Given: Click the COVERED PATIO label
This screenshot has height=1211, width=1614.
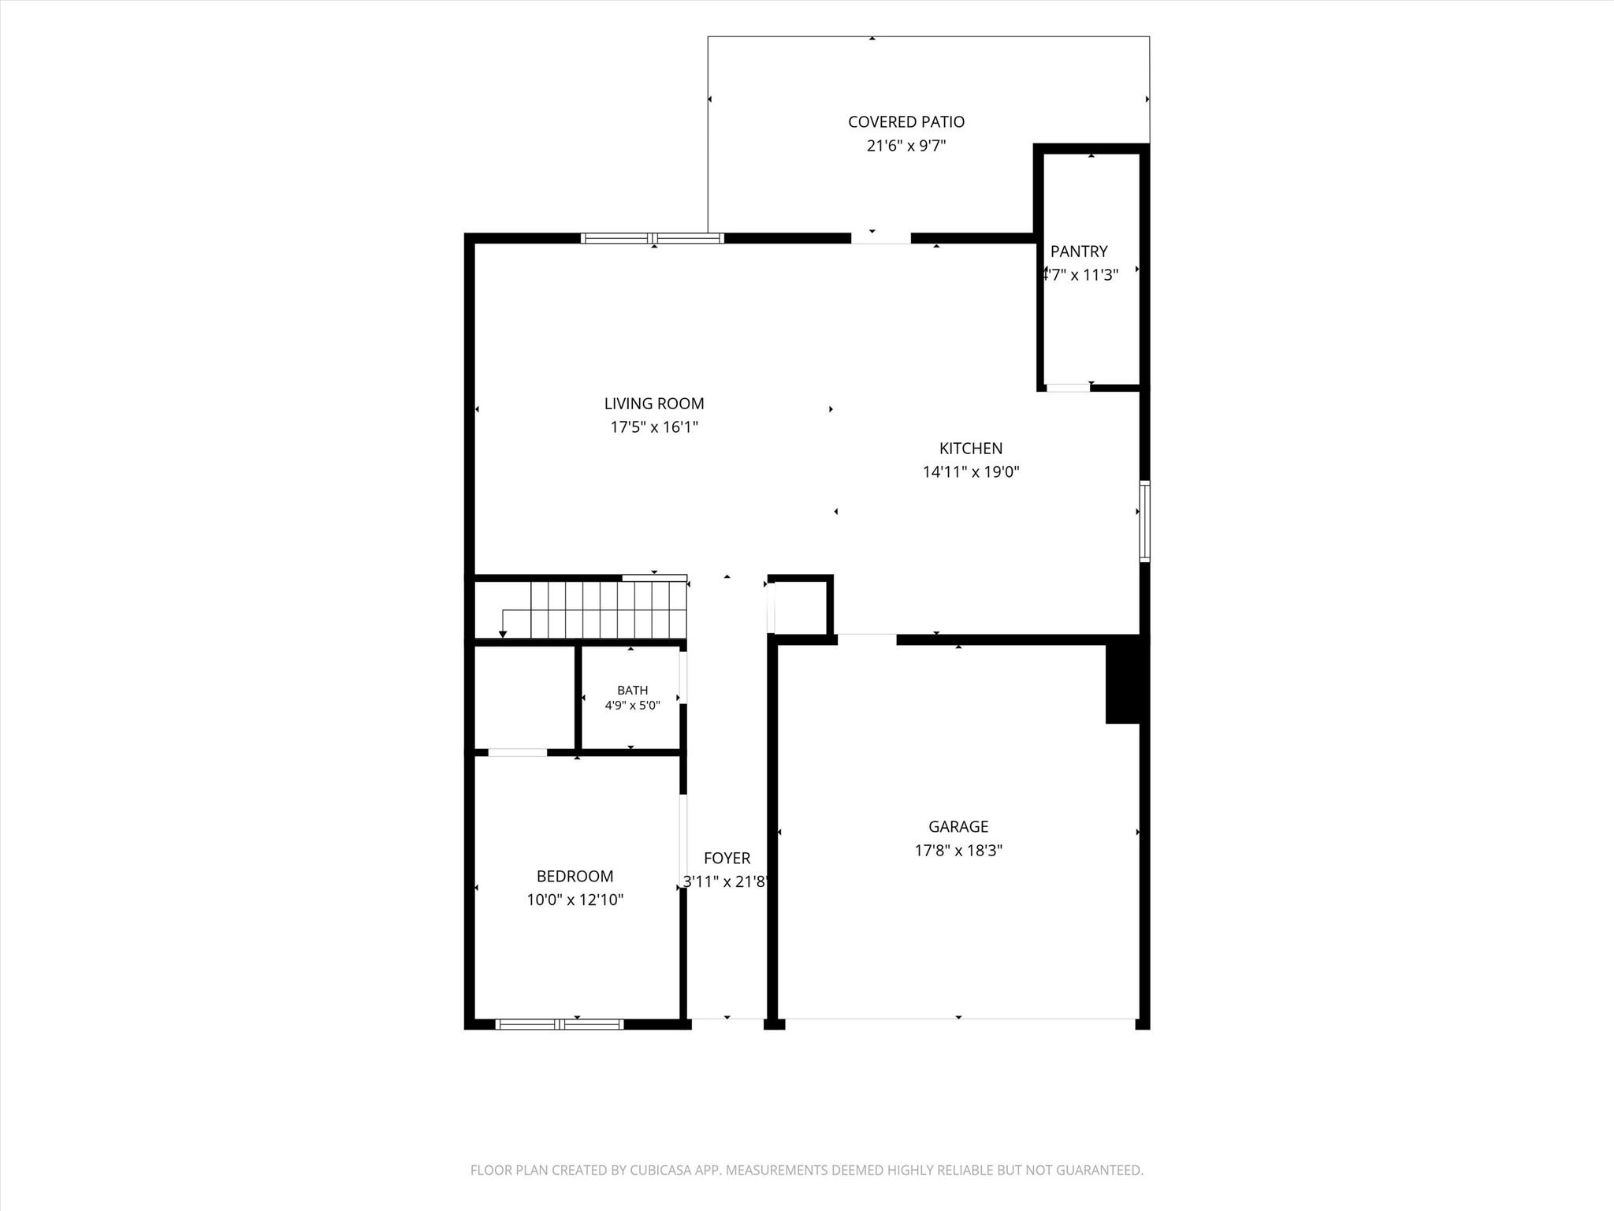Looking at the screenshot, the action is pos(906,122).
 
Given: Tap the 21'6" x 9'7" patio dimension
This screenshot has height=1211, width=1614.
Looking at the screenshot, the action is pos(906,146).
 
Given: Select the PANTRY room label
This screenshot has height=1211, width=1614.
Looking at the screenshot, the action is pos(1079,252).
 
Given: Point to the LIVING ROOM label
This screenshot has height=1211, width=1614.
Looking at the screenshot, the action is pos(654,404).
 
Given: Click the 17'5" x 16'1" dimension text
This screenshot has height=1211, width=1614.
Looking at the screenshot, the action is pos(654,427).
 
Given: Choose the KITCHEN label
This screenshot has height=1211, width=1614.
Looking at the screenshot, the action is pos(971,449).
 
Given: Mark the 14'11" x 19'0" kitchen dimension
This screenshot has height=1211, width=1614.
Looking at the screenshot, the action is pos(971,472).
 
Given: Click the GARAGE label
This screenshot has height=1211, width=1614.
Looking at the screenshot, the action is pos(958,827).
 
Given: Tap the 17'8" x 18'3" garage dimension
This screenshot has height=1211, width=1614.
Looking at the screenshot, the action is pos(958,851).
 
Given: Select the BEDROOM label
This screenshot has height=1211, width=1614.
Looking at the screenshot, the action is pos(575,877).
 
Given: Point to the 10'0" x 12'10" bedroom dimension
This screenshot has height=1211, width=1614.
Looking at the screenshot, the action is pos(575,900).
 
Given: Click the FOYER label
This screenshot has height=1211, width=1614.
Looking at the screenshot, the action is pos(727,859).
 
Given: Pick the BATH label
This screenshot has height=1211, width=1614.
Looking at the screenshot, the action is pos(633,691).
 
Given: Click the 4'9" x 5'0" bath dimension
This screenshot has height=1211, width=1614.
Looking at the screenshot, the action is pos(633,706).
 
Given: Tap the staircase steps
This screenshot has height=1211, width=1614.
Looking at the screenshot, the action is pos(608,609).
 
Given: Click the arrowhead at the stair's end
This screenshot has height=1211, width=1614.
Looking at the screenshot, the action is pos(503,635).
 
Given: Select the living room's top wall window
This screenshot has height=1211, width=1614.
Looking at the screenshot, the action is pos(653,238).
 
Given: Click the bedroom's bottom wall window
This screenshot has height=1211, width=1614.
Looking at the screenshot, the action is pos(560,1024).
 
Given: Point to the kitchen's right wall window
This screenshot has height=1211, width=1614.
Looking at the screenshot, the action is pos(1145,521).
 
